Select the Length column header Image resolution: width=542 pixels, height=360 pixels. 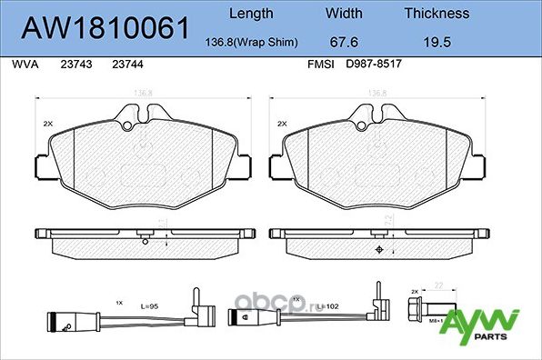(x=251, y=14)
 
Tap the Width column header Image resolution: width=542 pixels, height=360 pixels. (x=345, y=14)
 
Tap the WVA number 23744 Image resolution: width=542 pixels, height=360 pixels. (x=126, y=65)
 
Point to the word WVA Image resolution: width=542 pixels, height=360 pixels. (x=21, y=65)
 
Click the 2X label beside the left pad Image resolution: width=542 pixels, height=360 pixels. (x=48, y=123)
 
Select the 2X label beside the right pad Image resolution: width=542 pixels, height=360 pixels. (x=282, y=123)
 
